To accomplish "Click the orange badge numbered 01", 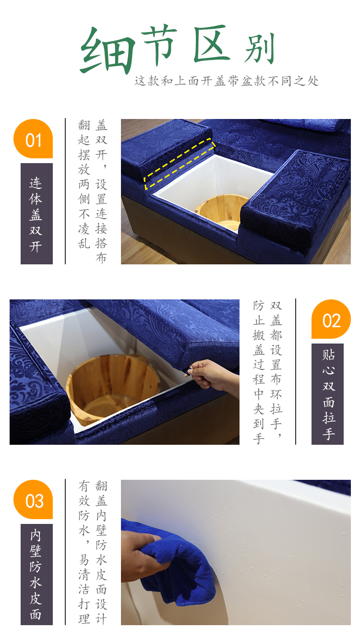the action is point(33,139).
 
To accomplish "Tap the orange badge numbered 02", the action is point(331,319).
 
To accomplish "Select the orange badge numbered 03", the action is point(33,499).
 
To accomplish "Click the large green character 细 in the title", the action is point(107,50).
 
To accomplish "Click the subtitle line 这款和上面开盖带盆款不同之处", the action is point(227,81).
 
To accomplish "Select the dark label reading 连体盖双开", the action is point(36,214).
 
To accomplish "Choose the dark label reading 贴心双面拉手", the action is point(328,394).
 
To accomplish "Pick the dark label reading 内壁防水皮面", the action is point(36,575).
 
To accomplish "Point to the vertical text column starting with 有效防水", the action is point(84,552).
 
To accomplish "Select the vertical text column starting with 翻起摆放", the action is point(84,184).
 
